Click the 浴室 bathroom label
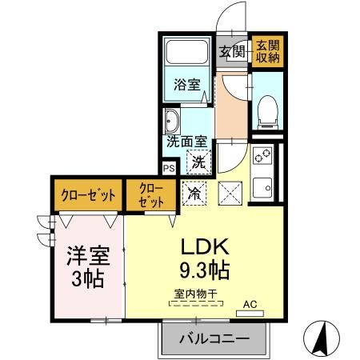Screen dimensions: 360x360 tap(188, 85)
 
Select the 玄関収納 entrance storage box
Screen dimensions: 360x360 tap(266, 51)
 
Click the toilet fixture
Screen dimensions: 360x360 tap(266, 109)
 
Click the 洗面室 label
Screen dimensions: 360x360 tap(186, 142)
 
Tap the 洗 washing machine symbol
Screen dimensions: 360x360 tap(197, 162)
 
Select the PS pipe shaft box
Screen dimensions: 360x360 tap(168, 169)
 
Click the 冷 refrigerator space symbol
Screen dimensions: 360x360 tap(194, 193)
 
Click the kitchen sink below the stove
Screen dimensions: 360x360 tap(262, 189)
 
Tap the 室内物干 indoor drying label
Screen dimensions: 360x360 tap(196, 294)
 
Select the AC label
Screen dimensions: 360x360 tap(250, 303)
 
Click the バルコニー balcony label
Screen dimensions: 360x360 tap(214, 338)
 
